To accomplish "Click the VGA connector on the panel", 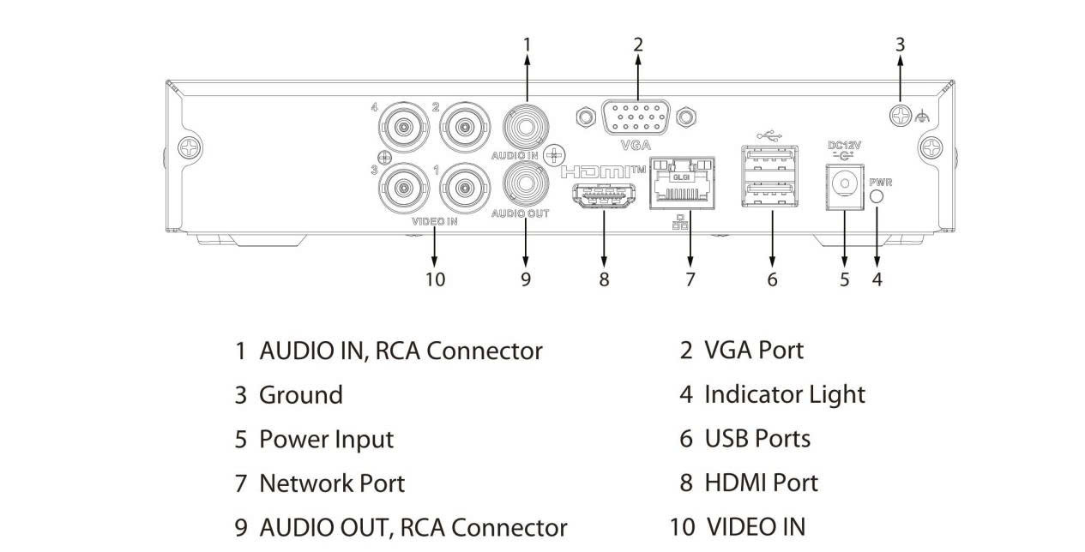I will point(635,117).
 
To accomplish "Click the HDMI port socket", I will point(604,197).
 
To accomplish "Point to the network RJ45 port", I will point(683,183).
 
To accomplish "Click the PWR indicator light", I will point(877,196).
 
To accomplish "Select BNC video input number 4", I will point(401,127).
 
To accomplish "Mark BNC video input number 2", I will point(464,127).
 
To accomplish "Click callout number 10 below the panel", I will point(435,279).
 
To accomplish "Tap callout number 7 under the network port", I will point(690,279).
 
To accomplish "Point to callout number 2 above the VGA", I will point(637,44).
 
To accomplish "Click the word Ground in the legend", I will point(300,395).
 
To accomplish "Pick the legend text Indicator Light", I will point(784,394).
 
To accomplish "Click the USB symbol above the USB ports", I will point(771,135).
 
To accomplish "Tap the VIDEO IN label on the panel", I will point(435,221).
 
